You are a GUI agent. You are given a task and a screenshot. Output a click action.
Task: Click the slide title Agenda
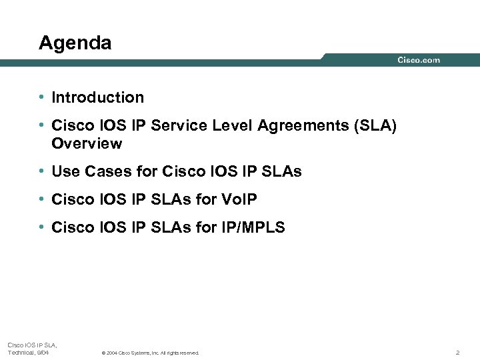(75, 43)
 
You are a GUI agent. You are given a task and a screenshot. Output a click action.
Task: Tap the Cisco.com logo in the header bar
(419, 60)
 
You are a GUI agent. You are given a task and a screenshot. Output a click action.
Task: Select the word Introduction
(97, 97)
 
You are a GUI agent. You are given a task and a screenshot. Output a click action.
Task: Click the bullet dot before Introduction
(41, 97)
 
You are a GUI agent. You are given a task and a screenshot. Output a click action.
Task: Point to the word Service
(179, 126)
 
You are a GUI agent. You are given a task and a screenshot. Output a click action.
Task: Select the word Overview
(87, 143)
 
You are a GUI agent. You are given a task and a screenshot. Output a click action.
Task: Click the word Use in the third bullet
(65, 171)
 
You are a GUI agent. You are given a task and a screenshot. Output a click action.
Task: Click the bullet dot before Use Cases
(41, 171)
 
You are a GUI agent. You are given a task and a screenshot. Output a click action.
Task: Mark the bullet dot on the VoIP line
(41, 199)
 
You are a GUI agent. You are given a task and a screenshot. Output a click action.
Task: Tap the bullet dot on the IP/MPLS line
(41, 227)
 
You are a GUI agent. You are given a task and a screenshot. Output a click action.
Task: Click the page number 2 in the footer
(457, 352)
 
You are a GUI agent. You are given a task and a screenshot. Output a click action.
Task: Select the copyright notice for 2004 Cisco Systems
(149, 353)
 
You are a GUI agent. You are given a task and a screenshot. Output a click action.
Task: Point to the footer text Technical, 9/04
(28, 352)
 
